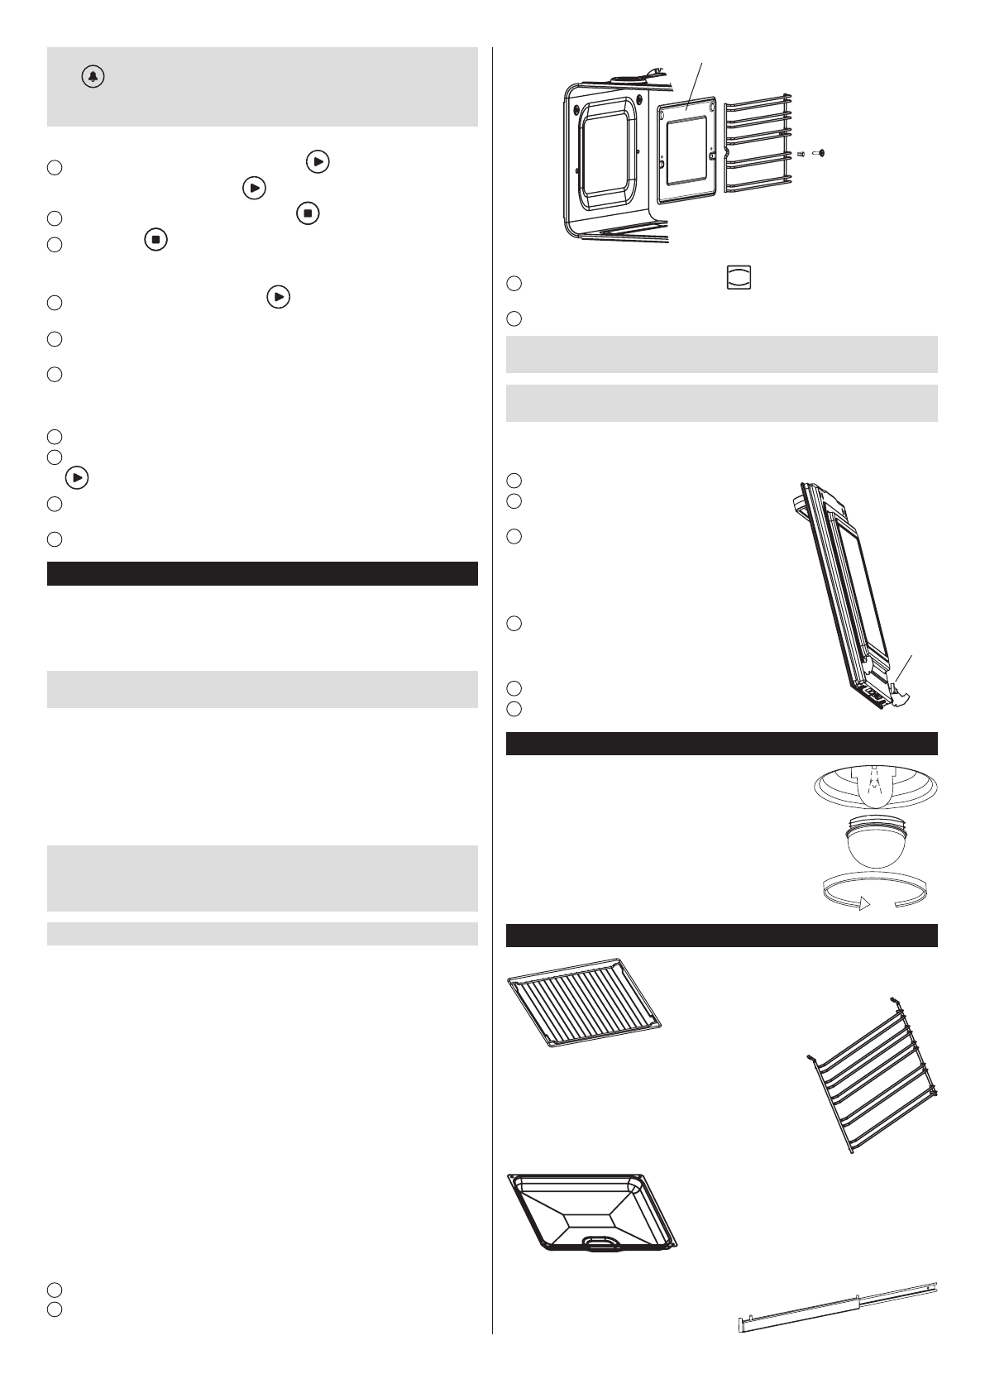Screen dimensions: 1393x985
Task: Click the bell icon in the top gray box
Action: click(93, 78)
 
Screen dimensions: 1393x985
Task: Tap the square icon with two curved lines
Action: click(738, 277)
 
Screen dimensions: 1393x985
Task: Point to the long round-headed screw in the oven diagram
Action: click(820, 153)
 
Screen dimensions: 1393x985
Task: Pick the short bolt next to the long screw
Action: click(801, 153)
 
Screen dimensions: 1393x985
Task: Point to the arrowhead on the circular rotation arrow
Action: click(865, 904)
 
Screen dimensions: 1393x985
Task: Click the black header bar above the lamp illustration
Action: click(721, 744)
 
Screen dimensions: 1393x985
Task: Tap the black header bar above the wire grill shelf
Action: click(721, 935)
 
